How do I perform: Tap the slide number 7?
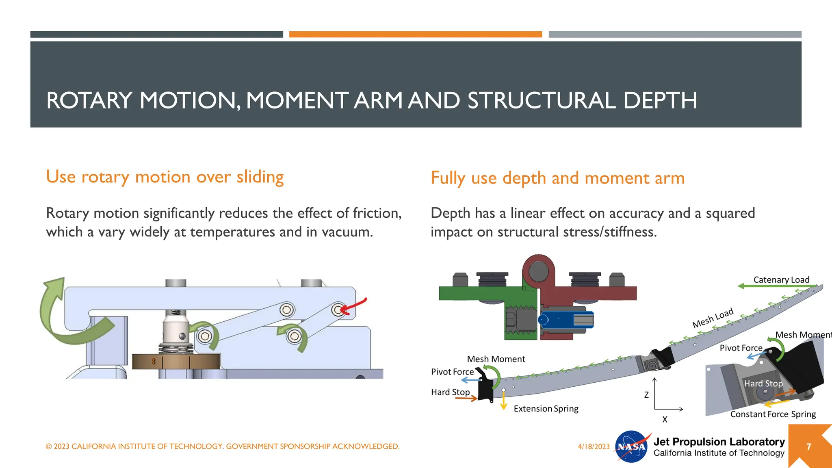pyautogui.click(x=808, y=446)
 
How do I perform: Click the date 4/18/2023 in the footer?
pyautogui.click(x=594, y=446)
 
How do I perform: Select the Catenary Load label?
pyautogui.click(x=781, y=280)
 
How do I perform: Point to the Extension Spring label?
pyautogui.click(x=546, y=409)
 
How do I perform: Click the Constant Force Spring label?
pyautogui.click(x=773, y=414)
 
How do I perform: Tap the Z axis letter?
pyautogui.click(x=646, y=395)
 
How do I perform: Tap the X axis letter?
pyautogui.click(x=665, y=419)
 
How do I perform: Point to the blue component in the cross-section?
pyautogui.click(x=565, y=320)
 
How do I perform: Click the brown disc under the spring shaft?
pyautogui.click(x=176, y=361)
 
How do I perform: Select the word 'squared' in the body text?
pyautogui.click(x=730, y=213)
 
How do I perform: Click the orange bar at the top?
pyautogui.click(x=415, y=35)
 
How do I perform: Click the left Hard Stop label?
pyautogui.click(x=450, y=392)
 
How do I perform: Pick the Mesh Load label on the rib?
pyautogui.click(x=713, y=318)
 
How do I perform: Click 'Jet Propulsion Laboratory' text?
pyautogui.click(x=719, y=442)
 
